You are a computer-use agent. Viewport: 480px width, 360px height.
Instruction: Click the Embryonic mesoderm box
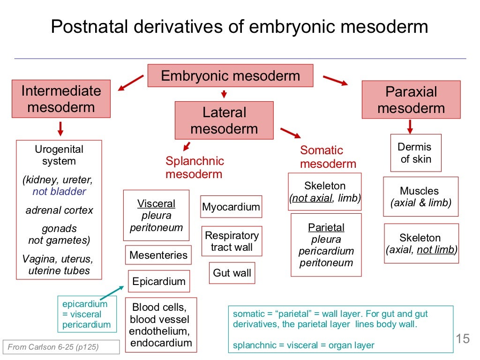click(x=230, y=76)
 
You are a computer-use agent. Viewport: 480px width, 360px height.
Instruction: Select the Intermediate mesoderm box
click(x=61, y=99)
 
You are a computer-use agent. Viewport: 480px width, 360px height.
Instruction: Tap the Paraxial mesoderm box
click(x=411, y=100)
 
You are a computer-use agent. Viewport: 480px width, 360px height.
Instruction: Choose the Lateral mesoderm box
click(x=224, y=120)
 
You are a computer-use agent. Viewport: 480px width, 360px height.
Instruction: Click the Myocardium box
click(x=231, y=207)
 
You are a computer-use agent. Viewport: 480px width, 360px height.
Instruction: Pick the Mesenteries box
click(x=158, y=255)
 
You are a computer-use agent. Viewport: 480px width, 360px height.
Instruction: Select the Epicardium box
click(x=159, y=281)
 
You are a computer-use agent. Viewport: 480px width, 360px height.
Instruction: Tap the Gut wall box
click(x=232, y=273)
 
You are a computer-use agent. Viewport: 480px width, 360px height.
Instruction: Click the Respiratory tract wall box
click(x=232, y=241)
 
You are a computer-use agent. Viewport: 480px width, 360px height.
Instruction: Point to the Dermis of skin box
click(x=415, y=153)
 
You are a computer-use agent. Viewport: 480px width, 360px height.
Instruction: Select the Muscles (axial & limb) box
click(x=420, y=197)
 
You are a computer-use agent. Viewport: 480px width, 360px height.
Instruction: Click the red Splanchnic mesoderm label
click(x=195, y=167)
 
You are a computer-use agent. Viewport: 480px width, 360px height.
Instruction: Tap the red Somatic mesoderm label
click(x=328, y=157)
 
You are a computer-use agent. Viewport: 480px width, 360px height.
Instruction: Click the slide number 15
click(x=462, y=338)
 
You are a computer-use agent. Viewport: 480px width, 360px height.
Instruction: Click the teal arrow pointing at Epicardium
click(x=112, y=293)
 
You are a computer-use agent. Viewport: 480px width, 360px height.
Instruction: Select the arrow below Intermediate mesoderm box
click(x=60, y=128)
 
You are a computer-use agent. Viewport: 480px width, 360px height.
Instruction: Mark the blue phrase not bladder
click(x=59, y=191)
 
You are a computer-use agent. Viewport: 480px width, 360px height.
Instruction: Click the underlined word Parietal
click(x=326, y=228)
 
